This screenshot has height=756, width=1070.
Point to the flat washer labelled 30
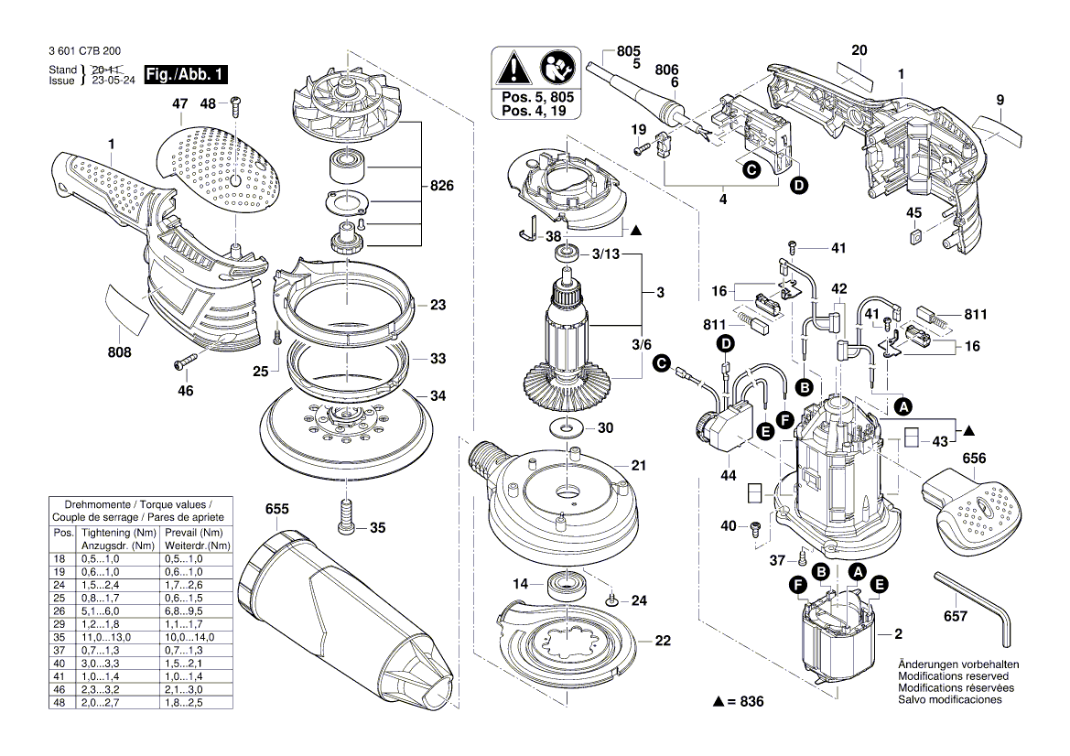click(566, 427)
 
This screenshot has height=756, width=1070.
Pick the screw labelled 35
click(345, 516)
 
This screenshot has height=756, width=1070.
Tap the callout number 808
click(119, 352)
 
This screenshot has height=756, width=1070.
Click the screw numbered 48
click(235, 105)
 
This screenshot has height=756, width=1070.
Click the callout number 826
click(441, 187)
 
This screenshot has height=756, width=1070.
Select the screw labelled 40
click(756, 527)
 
